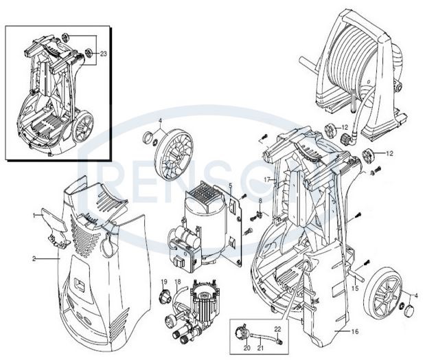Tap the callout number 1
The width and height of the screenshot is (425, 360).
pyautogui.click(x=34, y=215)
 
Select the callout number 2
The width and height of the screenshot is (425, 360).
pyautogui.click(x=34, y=259)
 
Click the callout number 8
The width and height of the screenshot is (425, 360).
pyautogui.click(x=260, y=200)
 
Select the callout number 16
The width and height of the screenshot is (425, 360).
pyautogui.click(x=355, y=332)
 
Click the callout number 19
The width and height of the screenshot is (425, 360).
pyautogui.click(x=164, y=282)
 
